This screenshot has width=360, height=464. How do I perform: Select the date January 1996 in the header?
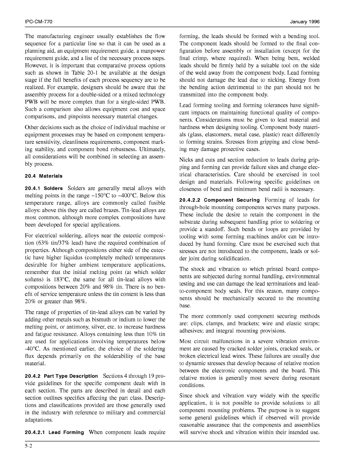305,22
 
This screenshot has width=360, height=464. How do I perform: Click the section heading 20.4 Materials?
44,176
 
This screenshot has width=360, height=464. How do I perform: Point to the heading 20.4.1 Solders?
44,188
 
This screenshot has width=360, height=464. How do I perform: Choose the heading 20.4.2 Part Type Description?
62,376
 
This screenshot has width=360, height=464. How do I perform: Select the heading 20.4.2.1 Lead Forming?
54,432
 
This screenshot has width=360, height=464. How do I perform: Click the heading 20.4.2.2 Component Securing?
219,200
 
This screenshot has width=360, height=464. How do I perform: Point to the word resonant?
308,378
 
